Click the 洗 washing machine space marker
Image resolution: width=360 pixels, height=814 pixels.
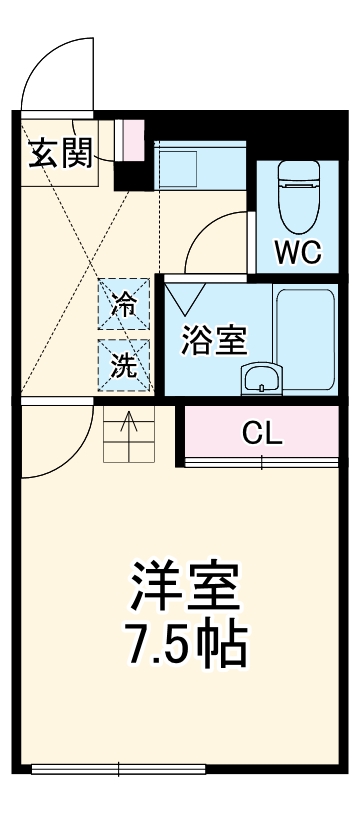pyautogui.click(x=124, y=365)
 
